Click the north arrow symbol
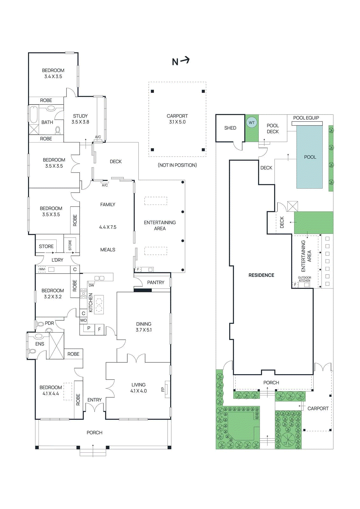click(181, 61)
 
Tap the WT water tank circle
click(251, 122)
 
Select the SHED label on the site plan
click(230, 128)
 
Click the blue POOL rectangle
click(310, 157)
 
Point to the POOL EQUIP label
click(306, 118)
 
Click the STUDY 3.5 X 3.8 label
click(80, 119)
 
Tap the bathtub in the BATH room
click(34, 115)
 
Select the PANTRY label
click(156, 282)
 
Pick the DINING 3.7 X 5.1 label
click(144, 327)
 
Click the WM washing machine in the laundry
click(42, 269)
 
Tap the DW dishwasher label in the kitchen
click(91, 285)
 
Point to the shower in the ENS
click(56, 346)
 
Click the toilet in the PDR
click(41, 324)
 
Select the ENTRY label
click(95, 400)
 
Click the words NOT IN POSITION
click(177, 165)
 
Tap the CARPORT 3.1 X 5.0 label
click(177, 119)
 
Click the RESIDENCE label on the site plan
click(261, 275)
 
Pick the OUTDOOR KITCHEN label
click(304, 279)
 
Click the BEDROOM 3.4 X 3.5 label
click(53, 73)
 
